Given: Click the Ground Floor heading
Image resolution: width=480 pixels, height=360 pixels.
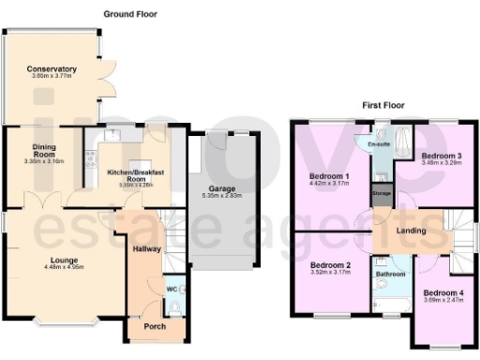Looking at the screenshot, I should click(x=130, y=15).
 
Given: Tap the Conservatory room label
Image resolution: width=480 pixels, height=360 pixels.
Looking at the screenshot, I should click(x=52, y=70).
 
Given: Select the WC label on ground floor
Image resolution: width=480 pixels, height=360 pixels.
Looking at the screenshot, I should click(x=170, y=290).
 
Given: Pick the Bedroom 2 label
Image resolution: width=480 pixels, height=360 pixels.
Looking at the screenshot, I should click(x=330, y=264).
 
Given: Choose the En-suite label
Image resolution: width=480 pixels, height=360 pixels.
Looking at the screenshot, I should click(x=379, y=144).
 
